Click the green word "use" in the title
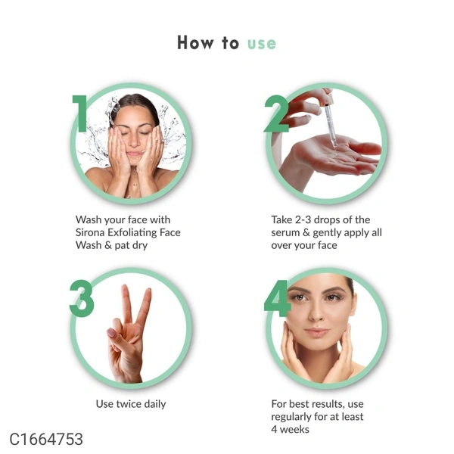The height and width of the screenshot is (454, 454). tap(262, 44)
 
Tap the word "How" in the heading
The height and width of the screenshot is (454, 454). tap(195, 42)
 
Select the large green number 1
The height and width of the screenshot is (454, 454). tap(80, 113)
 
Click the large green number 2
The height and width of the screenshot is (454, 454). tap(276, 113)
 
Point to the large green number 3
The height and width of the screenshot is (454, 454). tap(82, 298)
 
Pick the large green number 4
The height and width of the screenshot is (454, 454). tap(278, 298)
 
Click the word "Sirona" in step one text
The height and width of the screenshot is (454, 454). tap(90, 232)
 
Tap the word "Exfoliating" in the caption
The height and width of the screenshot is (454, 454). tap(132, 232)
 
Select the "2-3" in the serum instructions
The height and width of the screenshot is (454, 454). tap(303, 219)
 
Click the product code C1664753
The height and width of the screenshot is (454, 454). tap(46, 439)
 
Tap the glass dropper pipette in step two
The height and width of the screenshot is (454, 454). tap(330, 124)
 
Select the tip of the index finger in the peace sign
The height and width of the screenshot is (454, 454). tap(126, 287)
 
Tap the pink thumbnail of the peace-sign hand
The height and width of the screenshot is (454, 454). tap(111, 332)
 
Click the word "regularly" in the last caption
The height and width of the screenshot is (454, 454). tap(291, 417)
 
